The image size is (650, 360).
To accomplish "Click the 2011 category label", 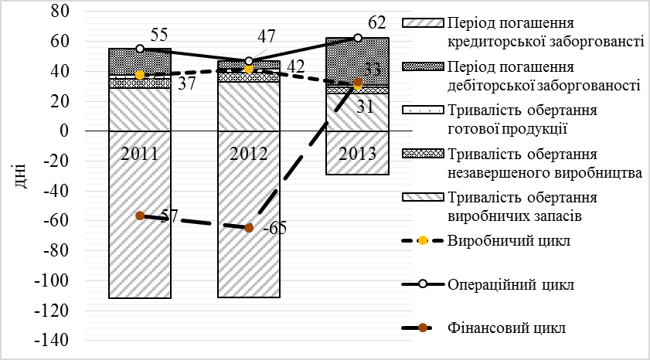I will (x=140, y=152).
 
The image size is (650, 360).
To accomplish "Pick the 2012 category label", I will (x=249, y=152).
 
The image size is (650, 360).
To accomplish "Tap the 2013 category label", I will (x=357, y=152).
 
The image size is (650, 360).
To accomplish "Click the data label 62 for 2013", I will (x=377, y=22).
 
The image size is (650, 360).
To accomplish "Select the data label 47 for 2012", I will (x=268, y=37).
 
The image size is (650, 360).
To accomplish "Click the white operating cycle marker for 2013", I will (x=358, y=38).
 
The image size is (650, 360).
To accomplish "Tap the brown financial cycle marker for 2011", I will (x=140, y=216).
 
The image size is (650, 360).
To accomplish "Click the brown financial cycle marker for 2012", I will (x=249, y=228).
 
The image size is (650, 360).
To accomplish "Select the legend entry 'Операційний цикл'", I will (x=510, y=284).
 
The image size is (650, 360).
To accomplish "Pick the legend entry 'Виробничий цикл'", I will (x=509, y=240).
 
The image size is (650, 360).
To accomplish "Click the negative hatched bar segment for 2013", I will (x=357, y=163).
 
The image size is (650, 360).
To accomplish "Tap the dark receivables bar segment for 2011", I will (x=140, y=61).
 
